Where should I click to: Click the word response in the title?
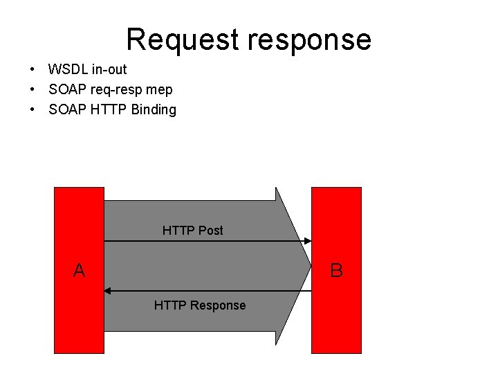point(311,39)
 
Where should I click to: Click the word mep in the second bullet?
point(160,89)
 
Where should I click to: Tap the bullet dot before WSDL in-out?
point(33,70)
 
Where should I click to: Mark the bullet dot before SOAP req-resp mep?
point(33,90)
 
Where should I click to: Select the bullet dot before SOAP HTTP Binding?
point(33,110)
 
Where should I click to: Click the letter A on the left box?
point(80,270)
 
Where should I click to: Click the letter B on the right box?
point(337,270)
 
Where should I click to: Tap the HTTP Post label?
point(192,230)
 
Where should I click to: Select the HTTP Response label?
point(199,305)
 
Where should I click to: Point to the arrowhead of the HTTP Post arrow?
point(307,241)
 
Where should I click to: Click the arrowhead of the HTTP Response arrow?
point(109,291)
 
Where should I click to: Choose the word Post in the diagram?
point(210,230)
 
